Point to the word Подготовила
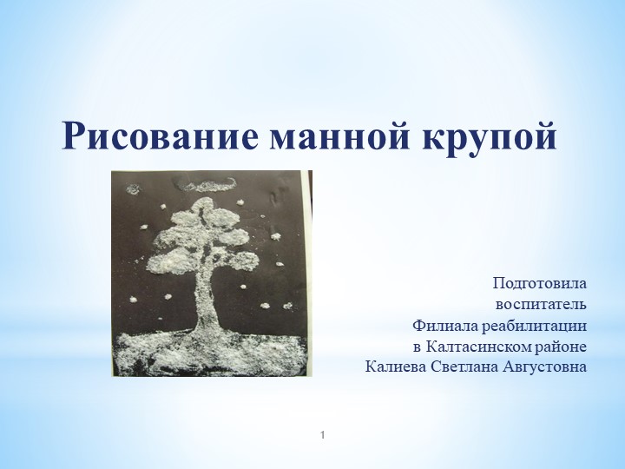point(539,284)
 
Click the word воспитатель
point(541,305)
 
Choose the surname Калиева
point(395,367)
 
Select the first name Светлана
point(462,367)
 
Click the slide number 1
point(323,432)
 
